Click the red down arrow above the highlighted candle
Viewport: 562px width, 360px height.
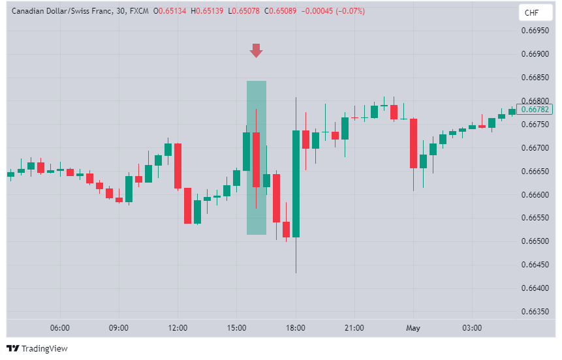pos(256,51)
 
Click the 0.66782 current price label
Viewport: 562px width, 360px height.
pos(534,110)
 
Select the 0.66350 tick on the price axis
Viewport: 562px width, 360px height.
pos(535,312)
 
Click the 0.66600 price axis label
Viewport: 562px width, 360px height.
pos(535,195)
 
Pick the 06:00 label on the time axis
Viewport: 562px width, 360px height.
pos(59,327)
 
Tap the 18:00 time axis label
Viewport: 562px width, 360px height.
pos(296,327)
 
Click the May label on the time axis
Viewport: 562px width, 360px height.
pos(413,327)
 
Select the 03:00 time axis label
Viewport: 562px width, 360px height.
pos(472,327)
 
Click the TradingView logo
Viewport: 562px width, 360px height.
pos(37,348)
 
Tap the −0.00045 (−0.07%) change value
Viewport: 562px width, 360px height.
pos(333,11)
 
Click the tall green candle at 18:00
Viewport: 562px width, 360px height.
pos(296,183)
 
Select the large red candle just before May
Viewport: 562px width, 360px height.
pos(413,143)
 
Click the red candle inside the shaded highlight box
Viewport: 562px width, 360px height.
pos(256,160)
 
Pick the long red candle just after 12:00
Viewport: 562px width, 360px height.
pos(178,166)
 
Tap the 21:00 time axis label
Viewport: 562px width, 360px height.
pos(354,327)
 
